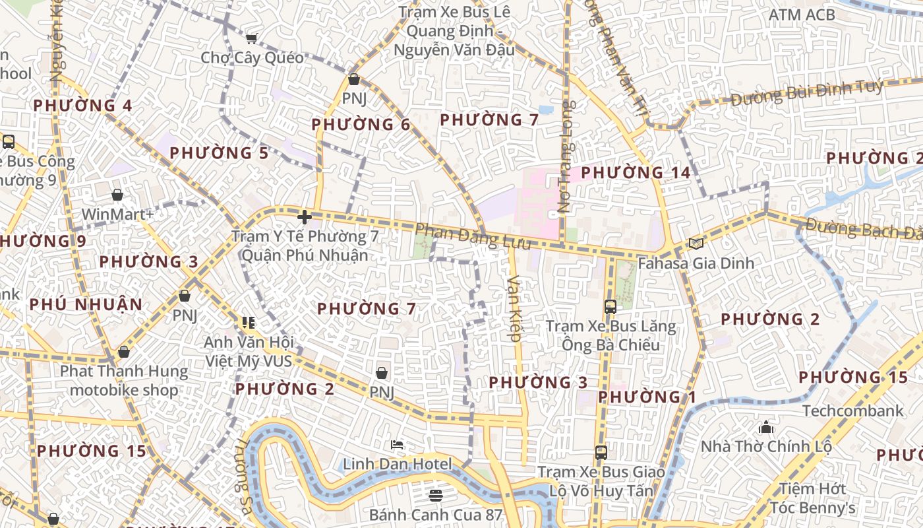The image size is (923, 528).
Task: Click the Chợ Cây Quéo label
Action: [x=253, y=58]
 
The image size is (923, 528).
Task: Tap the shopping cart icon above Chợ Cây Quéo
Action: [x=251, y=38]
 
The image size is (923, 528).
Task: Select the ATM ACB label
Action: [x=802, y=15]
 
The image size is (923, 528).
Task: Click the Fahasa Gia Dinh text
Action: [x=686, y=263]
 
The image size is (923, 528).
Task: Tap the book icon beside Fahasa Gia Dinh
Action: [x=696, y=244]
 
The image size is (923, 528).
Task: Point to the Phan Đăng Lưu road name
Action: [x=473, y=236]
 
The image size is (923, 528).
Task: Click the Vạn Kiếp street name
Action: [x=514, y=308]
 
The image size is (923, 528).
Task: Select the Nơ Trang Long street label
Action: [x=566, y=156]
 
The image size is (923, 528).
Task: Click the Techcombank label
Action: [x=852, y=411]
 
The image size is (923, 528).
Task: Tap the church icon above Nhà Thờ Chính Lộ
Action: [x=766, y=427]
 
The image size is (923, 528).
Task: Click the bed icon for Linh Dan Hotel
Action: [x=397, y=445]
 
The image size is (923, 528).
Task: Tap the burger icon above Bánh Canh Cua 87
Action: [x=435, y=495]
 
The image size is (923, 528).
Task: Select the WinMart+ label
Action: [x=117, y=214]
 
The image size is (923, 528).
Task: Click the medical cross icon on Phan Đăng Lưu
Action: [x=304, y=216]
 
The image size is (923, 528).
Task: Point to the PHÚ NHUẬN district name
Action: [x=86, y=304]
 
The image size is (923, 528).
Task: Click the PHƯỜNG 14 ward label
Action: [x=636, y=173]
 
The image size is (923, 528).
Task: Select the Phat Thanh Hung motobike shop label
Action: [x=124, y=381]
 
